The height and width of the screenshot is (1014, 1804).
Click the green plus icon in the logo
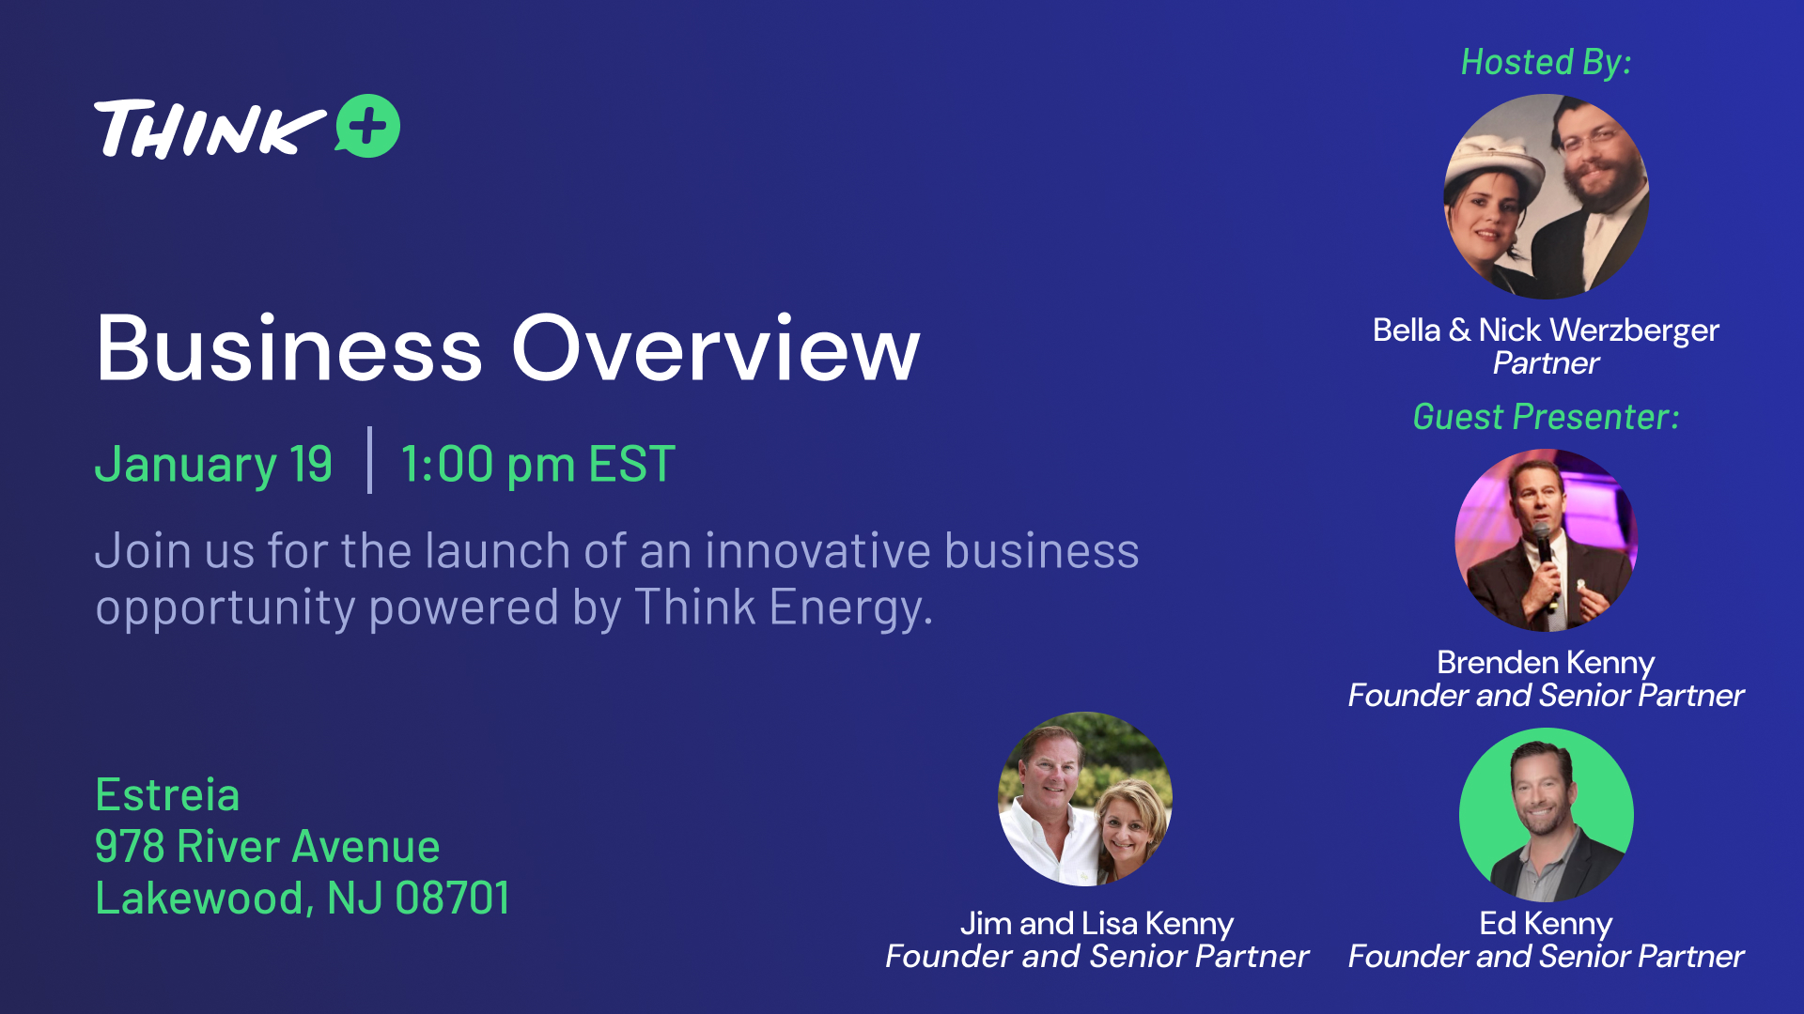tap(367, 126)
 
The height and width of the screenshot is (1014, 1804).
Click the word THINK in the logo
tap(210, 129)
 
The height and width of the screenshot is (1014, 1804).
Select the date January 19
tap(213, 464)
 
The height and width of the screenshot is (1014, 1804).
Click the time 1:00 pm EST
tap(537, 464)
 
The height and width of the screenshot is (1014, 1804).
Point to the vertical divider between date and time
tap(369, 460)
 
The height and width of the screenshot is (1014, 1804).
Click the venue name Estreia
tap(167, 795)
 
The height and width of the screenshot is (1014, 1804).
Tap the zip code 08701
tap(452, 899)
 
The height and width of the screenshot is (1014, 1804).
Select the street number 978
tap(130, 847)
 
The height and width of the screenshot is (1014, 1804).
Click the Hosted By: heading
tap(1546, 62)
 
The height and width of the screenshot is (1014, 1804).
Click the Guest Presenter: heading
tap(1546, 416)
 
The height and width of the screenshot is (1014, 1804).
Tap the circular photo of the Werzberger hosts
tap(1547, 196)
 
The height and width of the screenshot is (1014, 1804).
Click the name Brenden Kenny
tap(1546, 662)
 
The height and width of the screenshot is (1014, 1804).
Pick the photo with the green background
tap(1547, 815)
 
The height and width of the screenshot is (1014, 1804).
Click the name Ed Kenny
tap(1546, 923)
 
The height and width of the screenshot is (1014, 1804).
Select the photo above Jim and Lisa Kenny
tap(1085, 799)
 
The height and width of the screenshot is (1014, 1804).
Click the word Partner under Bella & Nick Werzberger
tap(1546, 363)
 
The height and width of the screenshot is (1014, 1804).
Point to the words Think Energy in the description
tap(784, 607)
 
